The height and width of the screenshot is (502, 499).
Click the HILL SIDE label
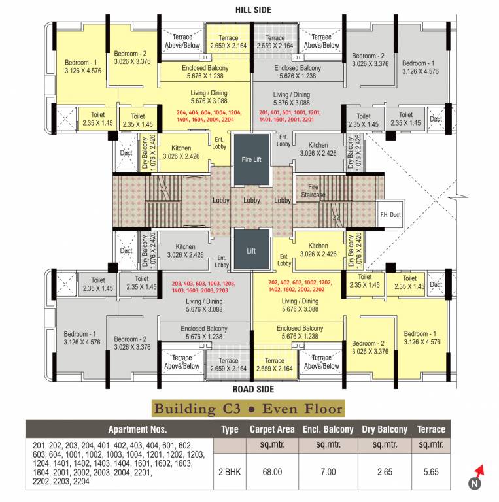[252, 10]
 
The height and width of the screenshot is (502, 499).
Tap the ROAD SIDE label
[252, 388]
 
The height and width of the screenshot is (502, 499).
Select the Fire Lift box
[251, 159]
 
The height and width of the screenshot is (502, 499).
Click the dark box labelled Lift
[251, 250]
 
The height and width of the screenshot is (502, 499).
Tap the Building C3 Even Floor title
[249, 409]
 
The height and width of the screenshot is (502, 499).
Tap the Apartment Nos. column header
[137, 429]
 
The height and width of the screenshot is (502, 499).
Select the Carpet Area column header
[272, 429]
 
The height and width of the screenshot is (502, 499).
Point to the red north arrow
[481, 470]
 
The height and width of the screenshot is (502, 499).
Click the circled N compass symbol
[473, 484]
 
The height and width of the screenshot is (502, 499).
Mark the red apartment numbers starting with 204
[209, 116]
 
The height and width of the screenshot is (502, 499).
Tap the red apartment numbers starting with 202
[296, 286]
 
